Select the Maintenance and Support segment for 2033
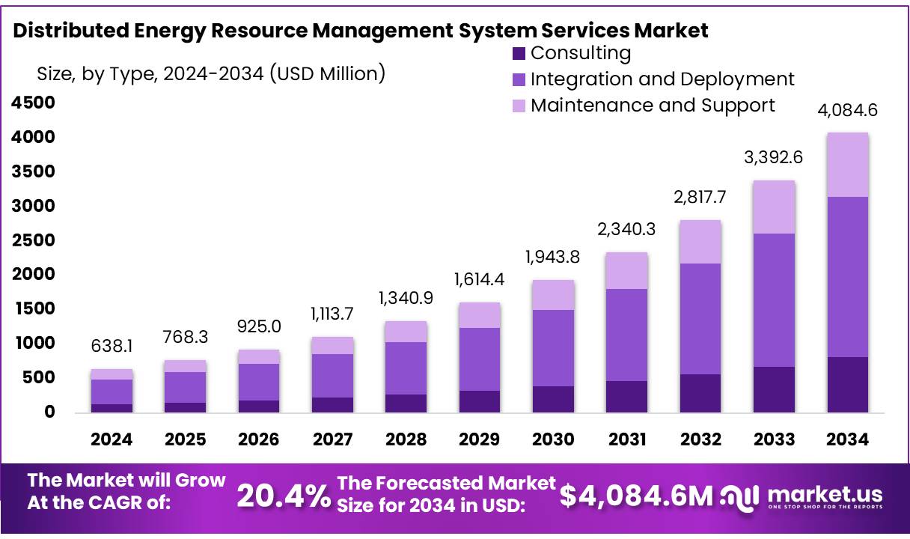[774, 207]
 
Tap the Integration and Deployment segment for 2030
[553, 348]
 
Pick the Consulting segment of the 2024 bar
[112, 408]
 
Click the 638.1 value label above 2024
[112, 347]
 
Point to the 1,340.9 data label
[406, 299]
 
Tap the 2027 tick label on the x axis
[332, 439]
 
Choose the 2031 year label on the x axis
[626, 439]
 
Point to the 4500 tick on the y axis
[32, 103]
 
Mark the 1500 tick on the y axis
[32, 308]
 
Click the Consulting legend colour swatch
[519, 54]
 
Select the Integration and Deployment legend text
[662, 79]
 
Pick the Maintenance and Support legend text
[653, 105]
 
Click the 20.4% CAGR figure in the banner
[284, 495]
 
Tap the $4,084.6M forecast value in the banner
[636, 495]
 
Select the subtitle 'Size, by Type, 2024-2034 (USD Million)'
[211, 73]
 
